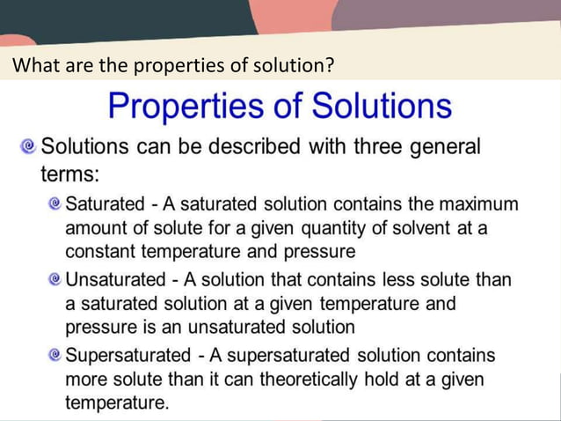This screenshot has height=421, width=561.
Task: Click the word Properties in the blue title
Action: pos(179,106)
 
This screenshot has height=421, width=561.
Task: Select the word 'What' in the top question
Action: pos(34,65)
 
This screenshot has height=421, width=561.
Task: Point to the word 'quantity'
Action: pos(337,228)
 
